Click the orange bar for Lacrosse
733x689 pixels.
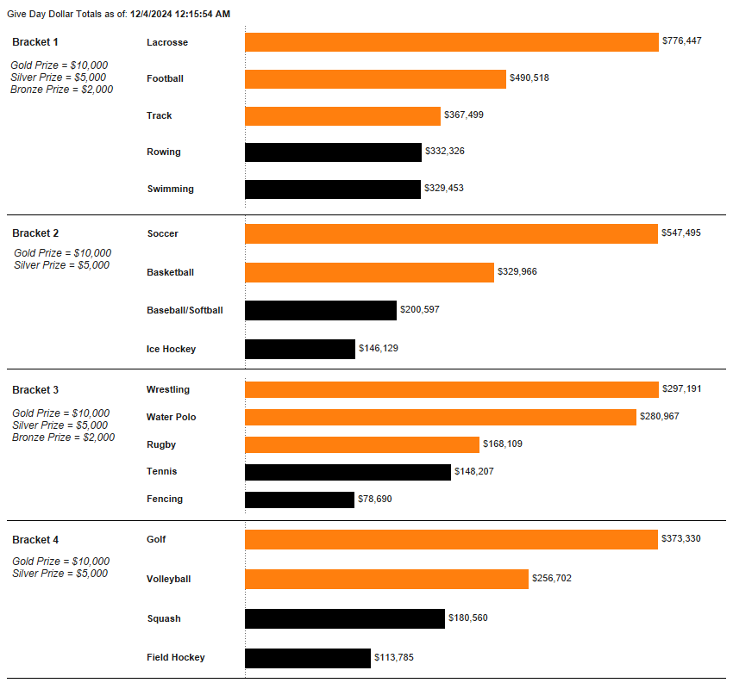pyautogui.click(x=451, y=42)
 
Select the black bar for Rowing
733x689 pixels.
pyautogui.click(x=333, y=152)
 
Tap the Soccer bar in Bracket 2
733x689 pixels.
pyautogui.click(x=451, y=233)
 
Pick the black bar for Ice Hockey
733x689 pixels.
pyautogui.click(x=300, y=349)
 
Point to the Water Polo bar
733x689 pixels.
pyautogui.click(x=441, y=417)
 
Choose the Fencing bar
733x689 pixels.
pyautogui.click(x=299, y=500)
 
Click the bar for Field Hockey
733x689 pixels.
pyautogui.click(x=308, y=658)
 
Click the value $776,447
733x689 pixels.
pyautogui.click(x=681, y=40)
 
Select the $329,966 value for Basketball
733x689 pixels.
pyautogui.click(x=517, y=271)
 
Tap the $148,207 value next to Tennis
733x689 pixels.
pyautogui.click(x=474, y=471)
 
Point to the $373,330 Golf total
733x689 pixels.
pyautogui.click(x=681, y=538)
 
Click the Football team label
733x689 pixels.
pyautogui.click(x=165, y=78)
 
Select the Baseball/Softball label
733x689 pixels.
pyautogui.click(x=185, y=310)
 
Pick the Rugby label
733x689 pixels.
pyautogui.click(x=161, y=444)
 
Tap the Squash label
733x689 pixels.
pyautogui.click(x=164, y=618)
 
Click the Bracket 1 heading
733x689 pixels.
pyautogui.click(x=35, y=42)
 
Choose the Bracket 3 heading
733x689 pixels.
pyautogui.click(x=35, y=390)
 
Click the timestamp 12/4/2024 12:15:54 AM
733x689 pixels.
pyautogui.click(x=180, y=14)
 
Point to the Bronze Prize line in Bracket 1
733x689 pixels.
pyautogui.click(x=61, y=90)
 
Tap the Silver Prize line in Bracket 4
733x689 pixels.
pyautogui.click(x=60, y=574)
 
